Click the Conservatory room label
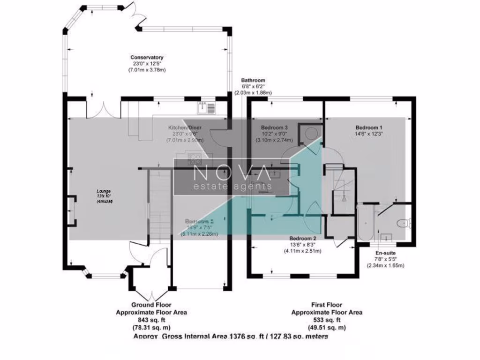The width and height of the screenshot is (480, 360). point(147,58)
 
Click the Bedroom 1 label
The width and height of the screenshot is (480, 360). point(369,127)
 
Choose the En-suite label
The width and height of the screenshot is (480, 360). point(385,253)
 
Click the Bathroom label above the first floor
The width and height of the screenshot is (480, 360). point(253,80)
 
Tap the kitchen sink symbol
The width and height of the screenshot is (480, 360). point(206,108)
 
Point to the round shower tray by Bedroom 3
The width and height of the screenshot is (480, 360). point(311,133)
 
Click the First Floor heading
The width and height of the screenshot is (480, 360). point(326,304)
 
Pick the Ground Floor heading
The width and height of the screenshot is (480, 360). point(151,304)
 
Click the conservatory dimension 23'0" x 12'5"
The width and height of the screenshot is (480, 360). point(147,64)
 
